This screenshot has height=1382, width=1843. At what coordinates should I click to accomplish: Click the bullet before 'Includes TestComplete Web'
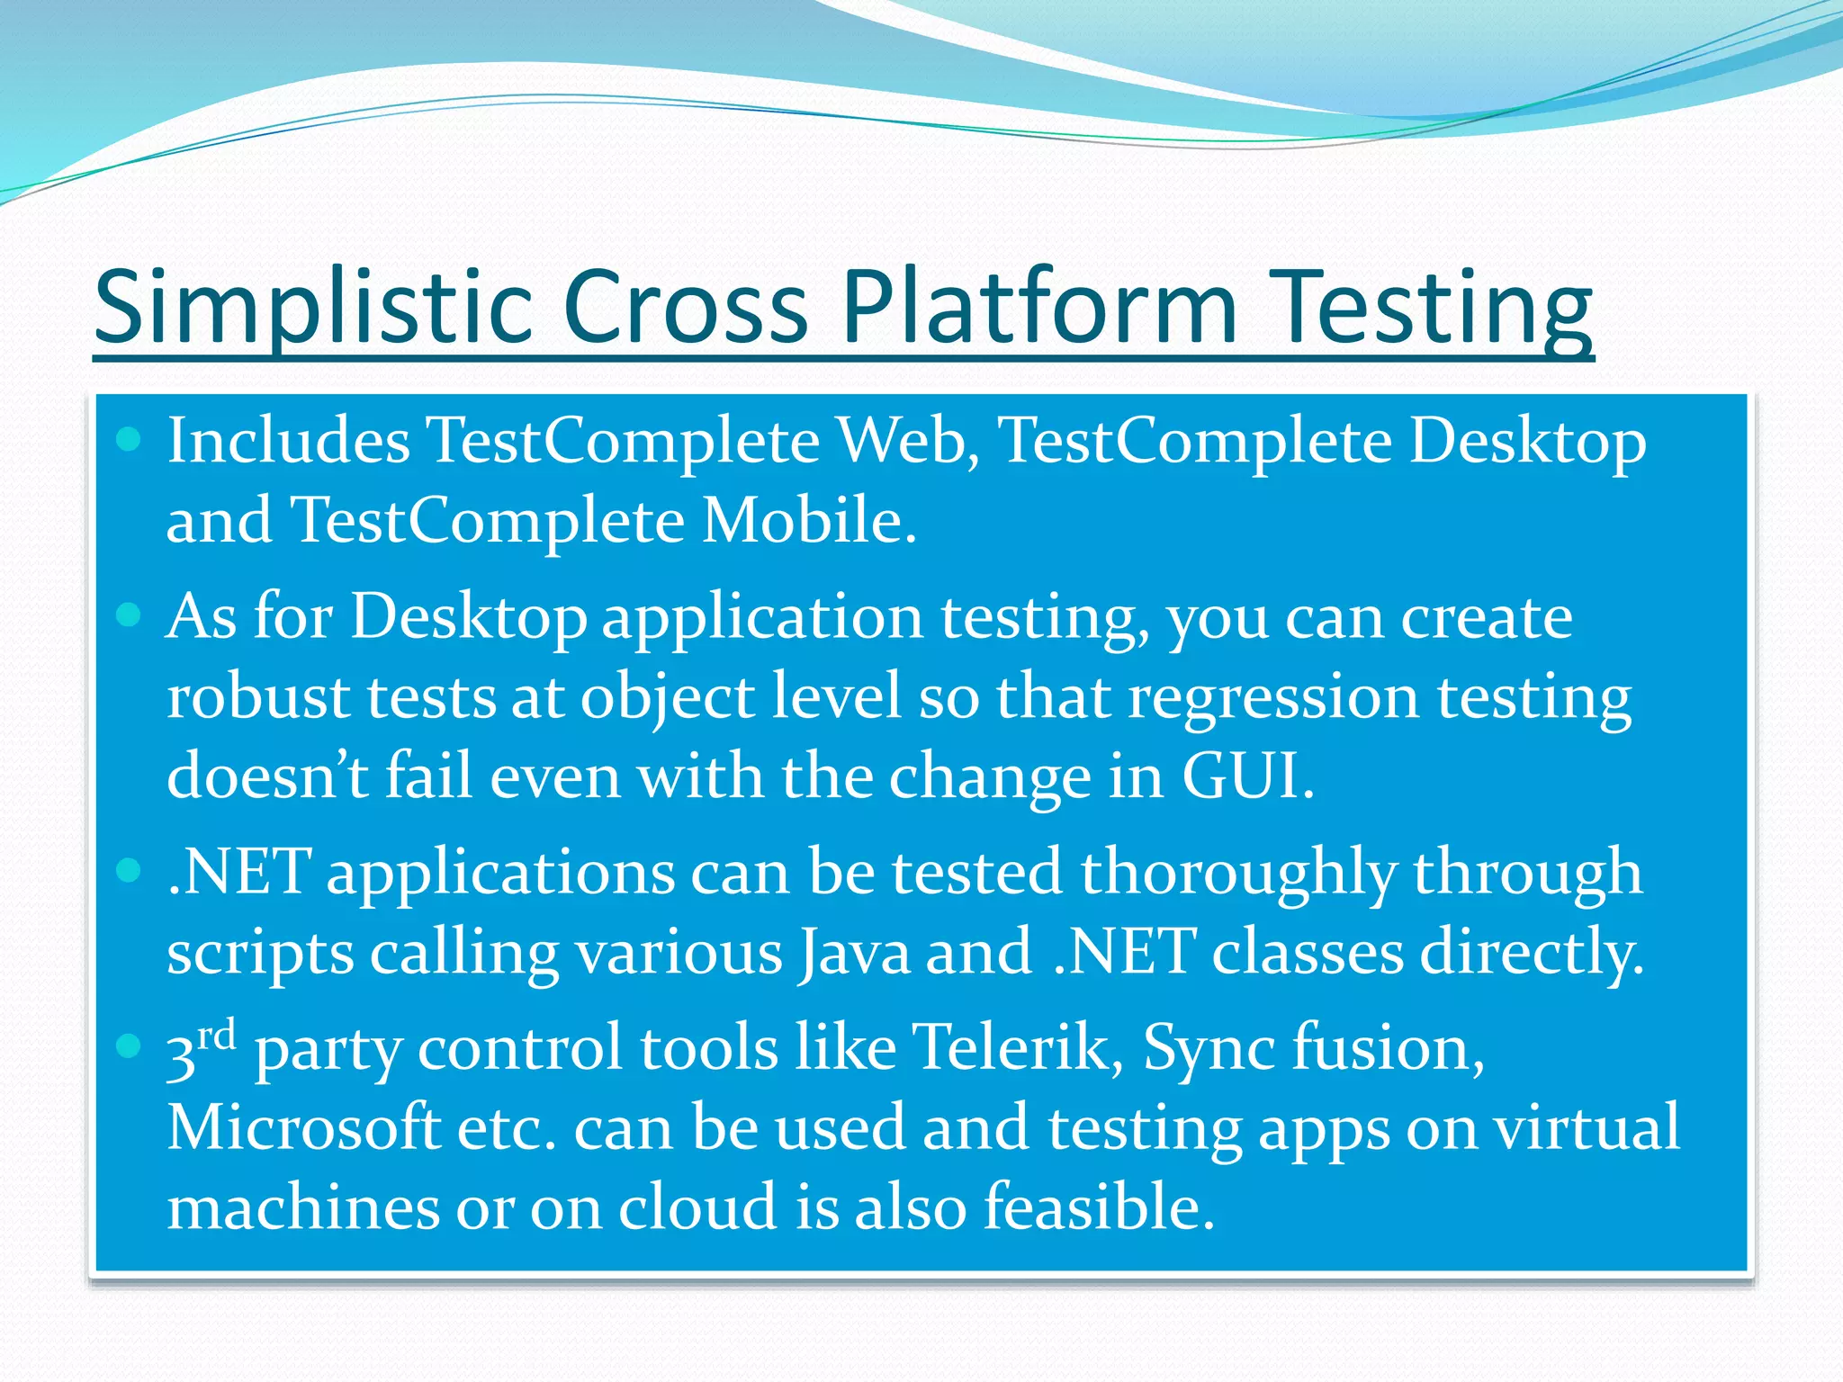click(130, 439)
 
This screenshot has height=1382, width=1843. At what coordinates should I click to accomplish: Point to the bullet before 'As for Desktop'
click(130, 615)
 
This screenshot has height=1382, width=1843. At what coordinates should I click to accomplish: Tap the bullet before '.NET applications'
click(130, 870)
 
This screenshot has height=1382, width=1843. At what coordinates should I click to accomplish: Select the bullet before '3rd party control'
click(130, 1045)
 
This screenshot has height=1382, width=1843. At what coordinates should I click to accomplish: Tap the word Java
click(853, 952)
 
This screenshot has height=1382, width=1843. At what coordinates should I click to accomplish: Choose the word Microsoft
click(303, 1126)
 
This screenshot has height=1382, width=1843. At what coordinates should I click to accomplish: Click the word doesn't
click(267, 776)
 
